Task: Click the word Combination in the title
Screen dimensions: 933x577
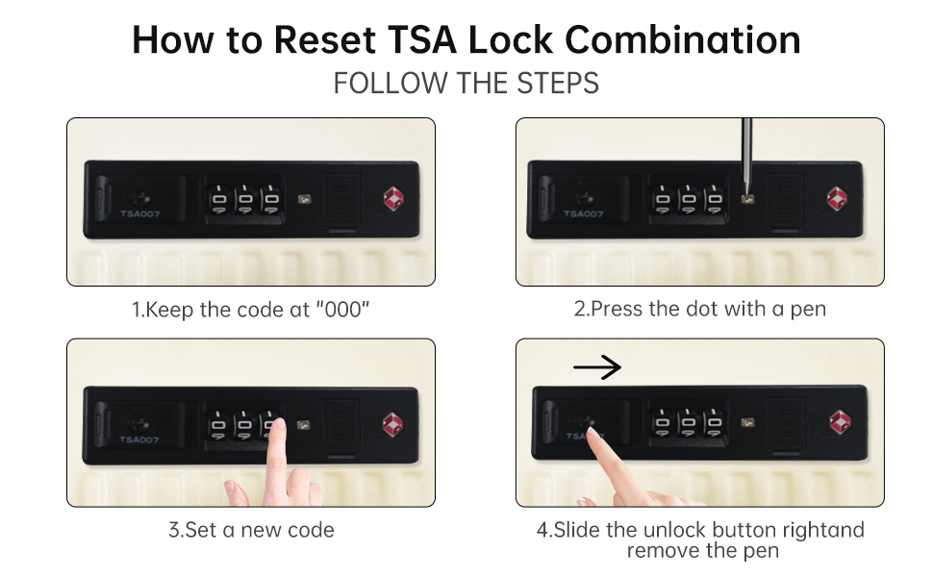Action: pyautogui.click(x=682, y=39)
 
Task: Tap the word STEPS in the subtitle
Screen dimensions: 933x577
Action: pyautogui.click(x=558, y=84)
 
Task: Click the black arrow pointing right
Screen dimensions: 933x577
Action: pyautogui.click(x=596, y=367)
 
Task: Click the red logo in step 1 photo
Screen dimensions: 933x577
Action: pyautogui.click(x=393, y=199)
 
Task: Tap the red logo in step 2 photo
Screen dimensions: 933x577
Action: pyautogui.click(x=837, y=199)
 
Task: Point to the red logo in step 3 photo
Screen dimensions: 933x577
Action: pyautogui.click(x=392, y=425)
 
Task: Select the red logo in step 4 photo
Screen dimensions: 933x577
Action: pyautogui.click(x=840, y=422)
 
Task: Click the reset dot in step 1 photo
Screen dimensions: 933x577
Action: pyautogui.click(x=304, y=199)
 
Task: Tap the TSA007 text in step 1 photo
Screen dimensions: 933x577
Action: pyautogui.click(x=139, y=213)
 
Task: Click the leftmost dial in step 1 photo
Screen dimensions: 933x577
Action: pyautogui.click(x=219, y=199)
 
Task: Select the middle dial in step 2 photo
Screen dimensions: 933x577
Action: pyautogui.click(x=689, y=199)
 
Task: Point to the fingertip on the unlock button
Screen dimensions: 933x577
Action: pyautogui.click(x=592, y=432)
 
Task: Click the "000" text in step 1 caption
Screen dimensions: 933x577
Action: pyautogui.click(x=342, y=310)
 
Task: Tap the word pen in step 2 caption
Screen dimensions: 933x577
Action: pyautogui.click(x=808, y=310)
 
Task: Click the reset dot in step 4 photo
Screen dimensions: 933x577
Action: pyautogui.click(x=748, y=423)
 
